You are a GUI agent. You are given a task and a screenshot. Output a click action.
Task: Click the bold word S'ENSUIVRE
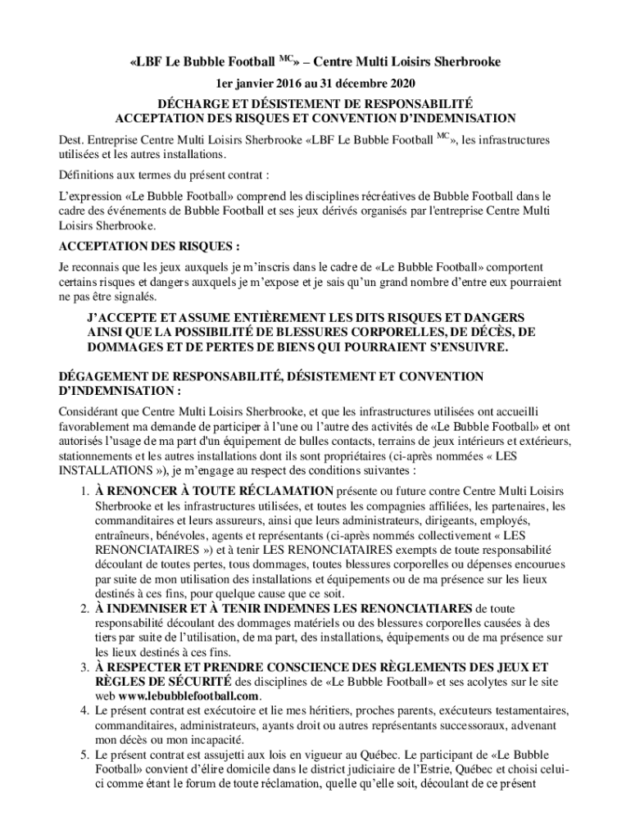click(463, 348)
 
